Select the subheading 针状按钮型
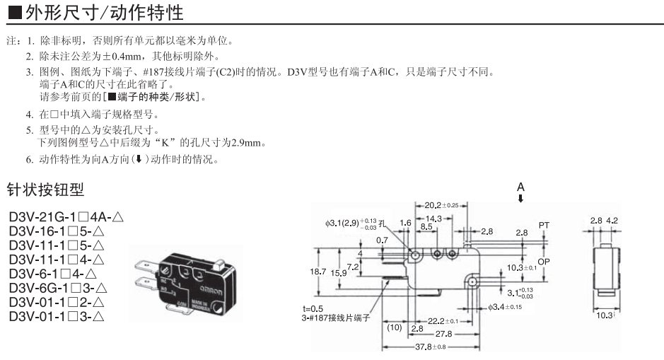(45, 190)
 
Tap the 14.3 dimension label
(433, 219)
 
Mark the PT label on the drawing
(544, 225)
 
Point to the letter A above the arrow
(521, 187)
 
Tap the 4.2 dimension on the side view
(612, 220)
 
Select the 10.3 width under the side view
(603, 315)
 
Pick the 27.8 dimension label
(443, 333)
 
